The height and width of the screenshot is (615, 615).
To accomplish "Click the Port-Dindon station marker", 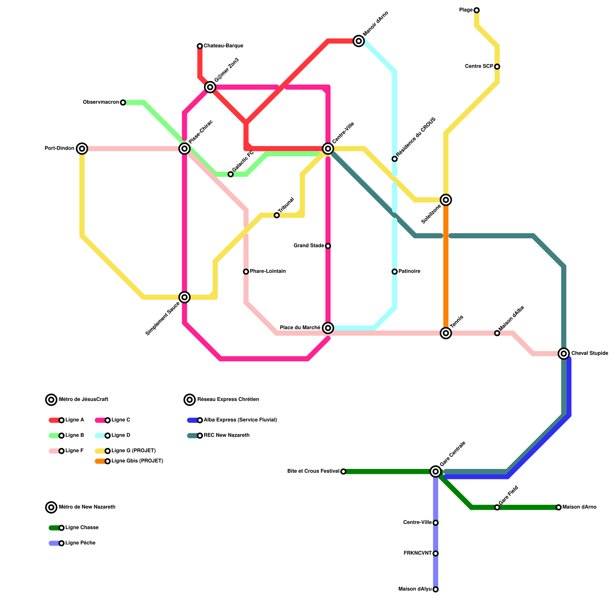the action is (82, 148).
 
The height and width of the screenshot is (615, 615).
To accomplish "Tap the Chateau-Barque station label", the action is (223, 46).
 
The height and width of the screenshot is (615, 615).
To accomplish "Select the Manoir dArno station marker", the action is (359, 41).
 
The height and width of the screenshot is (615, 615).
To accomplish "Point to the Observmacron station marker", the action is (123, 102).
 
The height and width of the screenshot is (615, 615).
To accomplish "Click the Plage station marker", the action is (477, 10).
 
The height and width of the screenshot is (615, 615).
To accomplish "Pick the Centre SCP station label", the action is (479, 66).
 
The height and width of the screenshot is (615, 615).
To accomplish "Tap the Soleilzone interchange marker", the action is (446, 199).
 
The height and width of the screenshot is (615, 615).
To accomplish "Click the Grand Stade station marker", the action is (328, 246).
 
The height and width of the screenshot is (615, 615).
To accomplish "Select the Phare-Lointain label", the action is (268, 271).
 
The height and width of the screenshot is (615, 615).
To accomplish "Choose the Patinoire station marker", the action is (394, 271).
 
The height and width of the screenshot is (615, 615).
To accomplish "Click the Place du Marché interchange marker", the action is (328, 328).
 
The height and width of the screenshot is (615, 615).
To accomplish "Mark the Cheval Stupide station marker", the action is (563, 353).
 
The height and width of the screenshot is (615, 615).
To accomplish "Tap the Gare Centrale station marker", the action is (435, 471).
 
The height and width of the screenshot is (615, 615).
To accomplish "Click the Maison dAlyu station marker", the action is (435, 589).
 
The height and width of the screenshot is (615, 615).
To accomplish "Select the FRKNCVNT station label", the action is (417, 553).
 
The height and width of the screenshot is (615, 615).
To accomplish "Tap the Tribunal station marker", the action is (277, 215).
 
